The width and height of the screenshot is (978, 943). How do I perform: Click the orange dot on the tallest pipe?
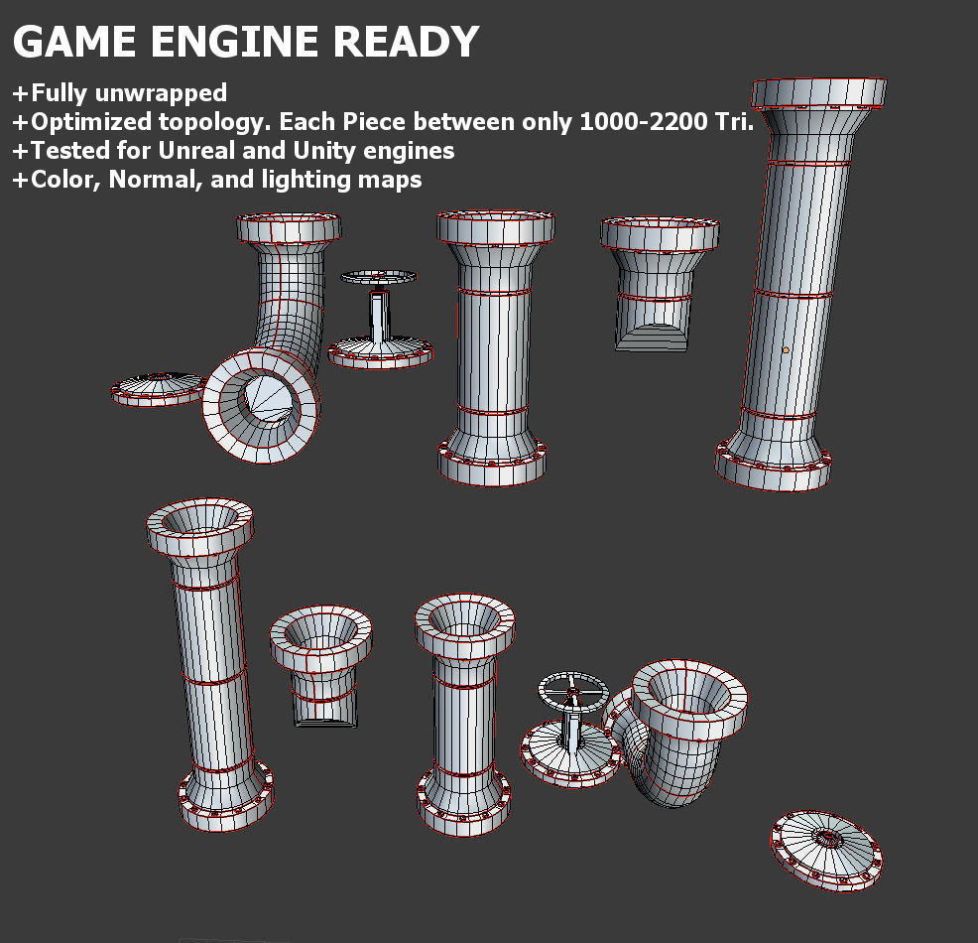click(x=786, y=349)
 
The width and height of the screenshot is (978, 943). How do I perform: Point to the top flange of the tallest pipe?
click(x=819, y=93)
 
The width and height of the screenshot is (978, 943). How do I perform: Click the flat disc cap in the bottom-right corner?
click(x=825, y=848)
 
